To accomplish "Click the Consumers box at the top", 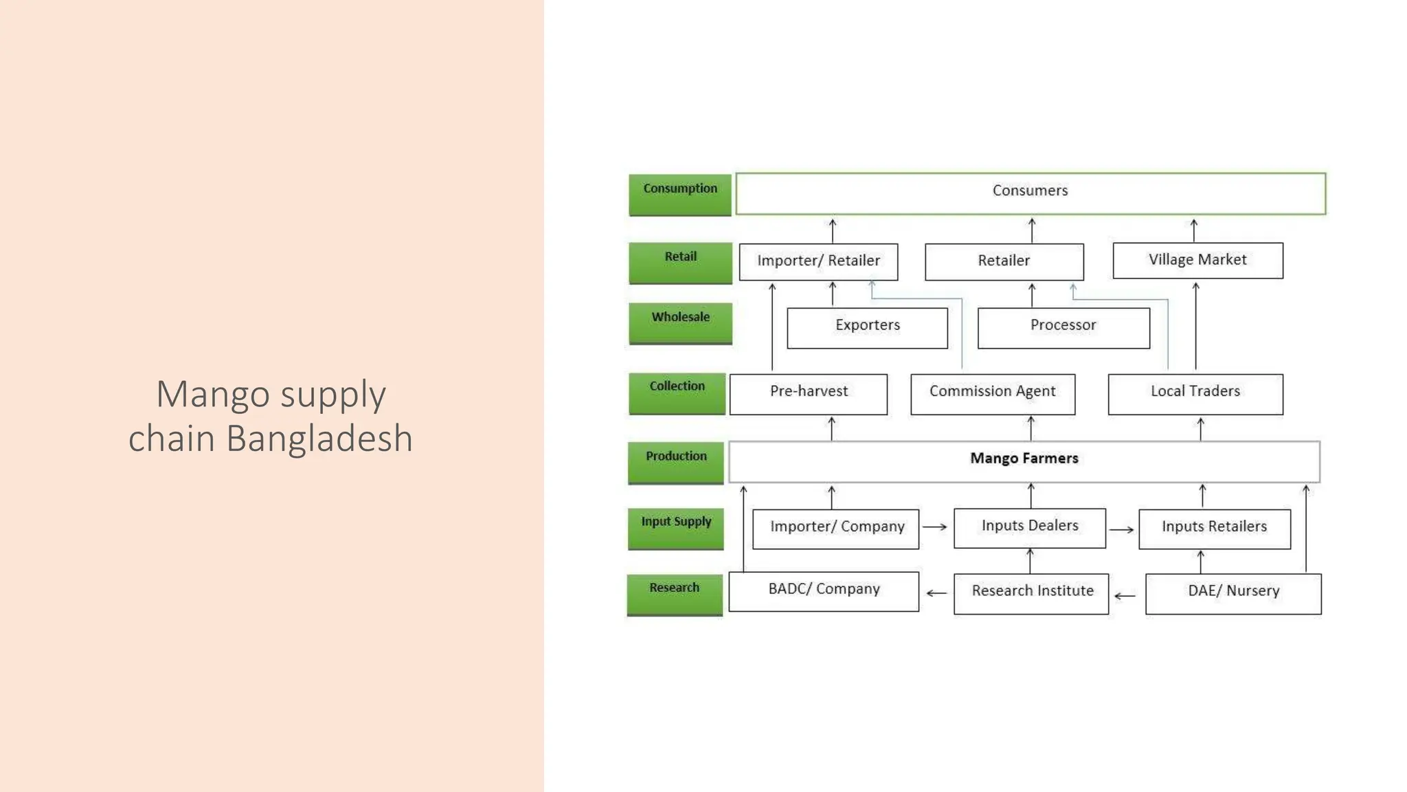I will (x=1030, y=193).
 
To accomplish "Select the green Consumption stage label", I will (x=680, y=195).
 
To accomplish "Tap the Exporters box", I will (x=867, y=327).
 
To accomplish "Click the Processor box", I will (x=1063, y=327).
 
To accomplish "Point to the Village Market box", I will (x=1197, y=261).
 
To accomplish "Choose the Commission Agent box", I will (x=993, y=393).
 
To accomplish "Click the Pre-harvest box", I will (x=809, y=393).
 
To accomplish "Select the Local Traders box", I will (x=1195, y=393).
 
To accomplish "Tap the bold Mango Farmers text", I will (x=1024, y=459).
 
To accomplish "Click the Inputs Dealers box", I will (x=1030, y=527).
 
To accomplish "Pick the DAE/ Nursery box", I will (x=1233, y=593).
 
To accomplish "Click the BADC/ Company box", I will (x=824, y=591).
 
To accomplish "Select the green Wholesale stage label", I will (x=680, y=323).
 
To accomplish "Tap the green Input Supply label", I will (x=676, y=528).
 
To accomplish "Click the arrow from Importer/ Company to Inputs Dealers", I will (x=935, y=527).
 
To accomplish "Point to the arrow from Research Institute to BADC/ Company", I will (x=936, y=593).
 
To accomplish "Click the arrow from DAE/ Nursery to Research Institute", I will (x=1125, y=596).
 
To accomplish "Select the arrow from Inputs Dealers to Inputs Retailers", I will (x=1121, y=530).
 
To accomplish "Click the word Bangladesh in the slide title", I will (x=319, y=439).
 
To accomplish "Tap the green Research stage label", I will (x=675, y=594).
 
